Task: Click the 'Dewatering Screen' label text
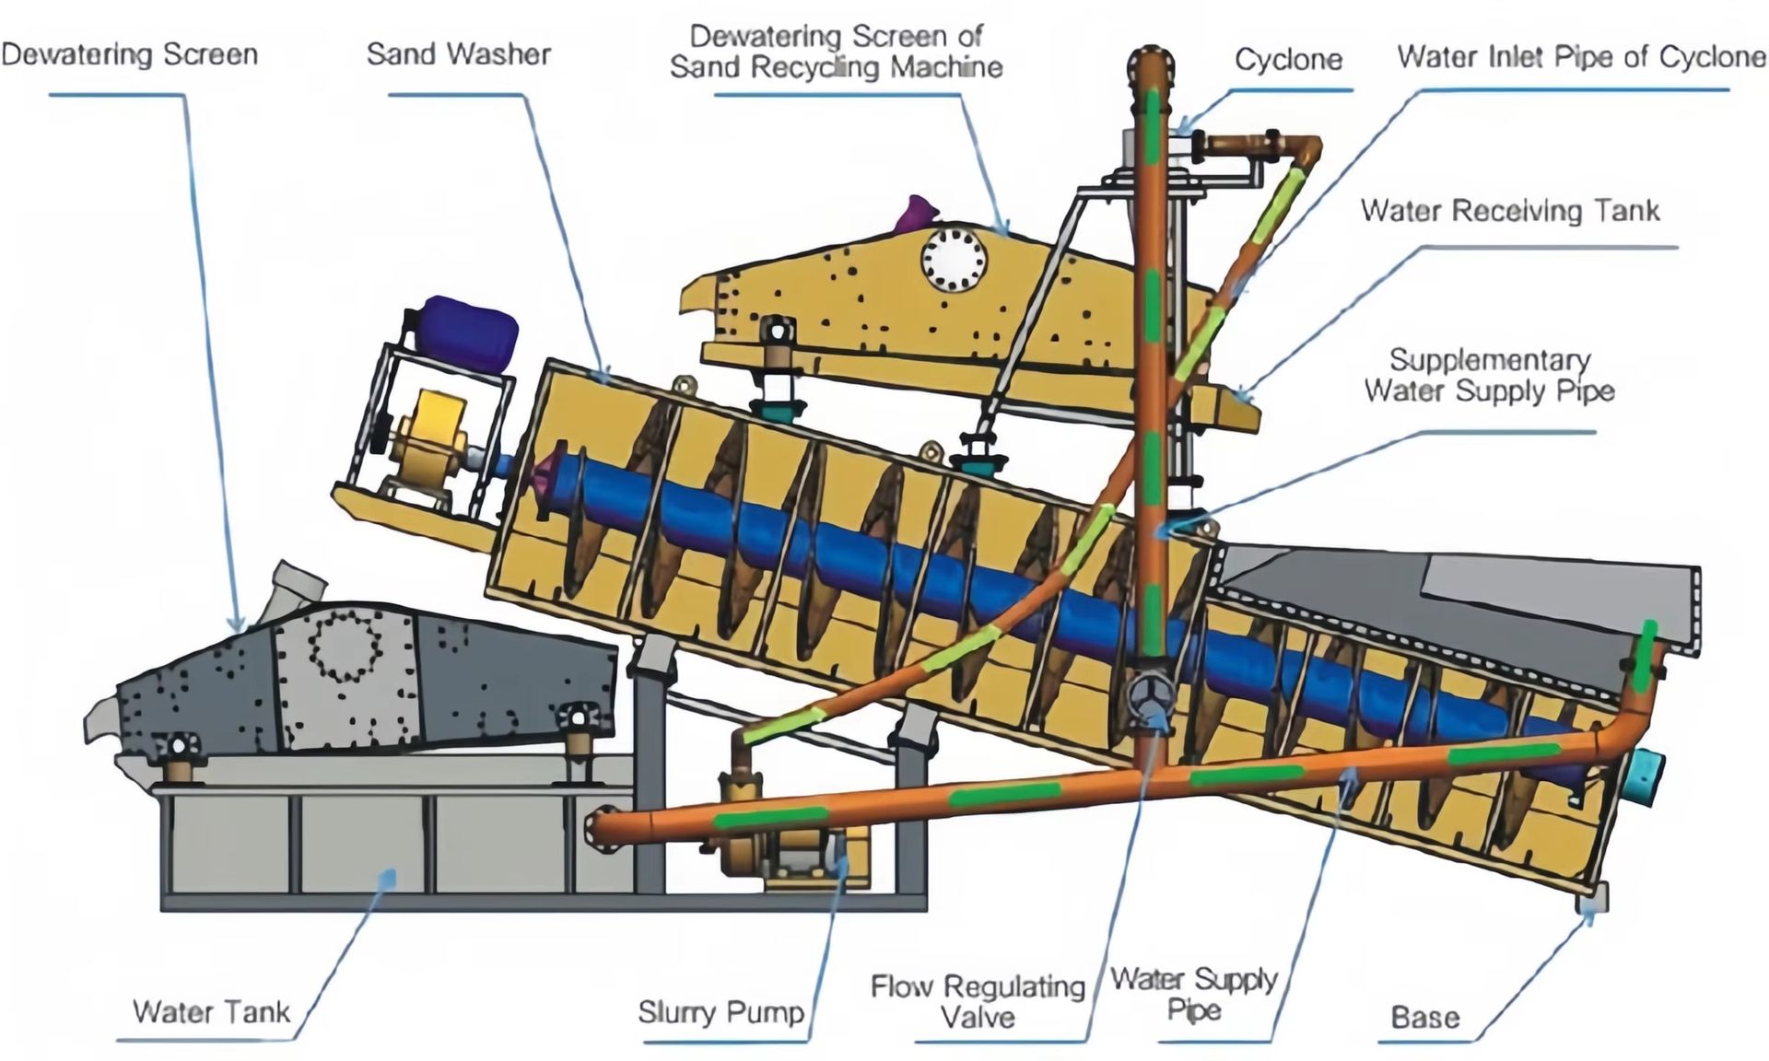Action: point(130,54)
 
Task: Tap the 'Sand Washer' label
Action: point(459,53)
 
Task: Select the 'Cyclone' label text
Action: point(1288,60)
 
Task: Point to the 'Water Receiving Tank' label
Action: point(1510,211)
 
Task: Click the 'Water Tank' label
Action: point(211,1012)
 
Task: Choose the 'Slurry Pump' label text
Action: point(720,1013)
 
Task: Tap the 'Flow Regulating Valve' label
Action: point(978,1002)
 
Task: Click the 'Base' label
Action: point(1424,1018)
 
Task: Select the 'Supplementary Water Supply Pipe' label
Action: point(1489,375)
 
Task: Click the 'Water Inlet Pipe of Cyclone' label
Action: point(1581,56)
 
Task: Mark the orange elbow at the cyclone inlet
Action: point(1304,149)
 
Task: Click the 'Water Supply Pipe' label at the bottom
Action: point(1193,995)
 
